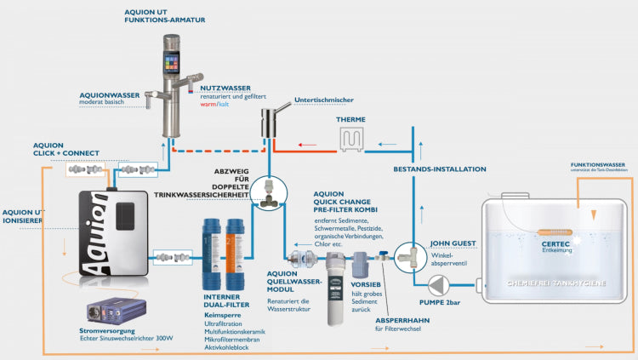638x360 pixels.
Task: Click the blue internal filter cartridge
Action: click(213, 253)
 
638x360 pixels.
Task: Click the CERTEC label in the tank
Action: click(557, 243)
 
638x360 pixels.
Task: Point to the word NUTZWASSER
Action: click(225, 87)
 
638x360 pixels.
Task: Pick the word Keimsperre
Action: click(220, 314)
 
